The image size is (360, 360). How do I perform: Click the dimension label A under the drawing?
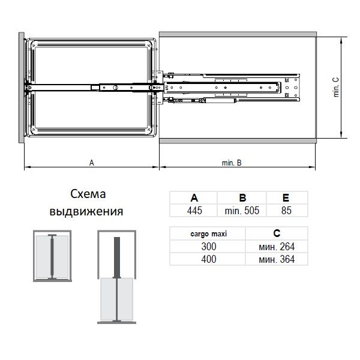click(91, 162)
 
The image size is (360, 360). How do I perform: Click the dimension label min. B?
click(231, 162)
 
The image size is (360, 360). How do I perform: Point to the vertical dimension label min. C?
click(336, 88)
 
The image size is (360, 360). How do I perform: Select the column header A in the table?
click(194, 198)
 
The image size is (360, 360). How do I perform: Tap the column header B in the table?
click(242, 198)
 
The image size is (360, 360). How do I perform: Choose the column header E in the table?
click(286, 198)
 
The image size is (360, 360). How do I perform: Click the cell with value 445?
click(194, 210)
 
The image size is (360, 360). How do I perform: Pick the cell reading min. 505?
click(242, 210)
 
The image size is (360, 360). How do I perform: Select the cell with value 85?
click(286, 210)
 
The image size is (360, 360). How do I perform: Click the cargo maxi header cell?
click(209, 234)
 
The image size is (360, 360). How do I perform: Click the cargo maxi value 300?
click(209, 246)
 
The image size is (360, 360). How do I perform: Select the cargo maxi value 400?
click(209, 259)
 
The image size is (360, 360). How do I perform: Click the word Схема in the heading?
click(88, 194)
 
